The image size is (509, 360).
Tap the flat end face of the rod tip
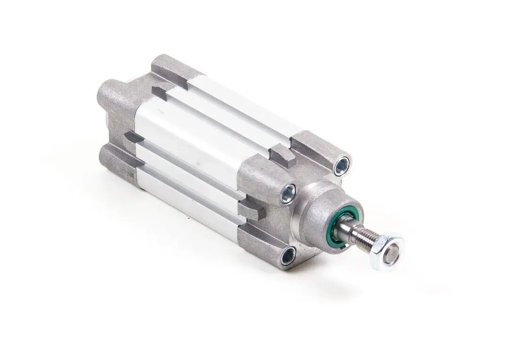(x=392, y=249)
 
